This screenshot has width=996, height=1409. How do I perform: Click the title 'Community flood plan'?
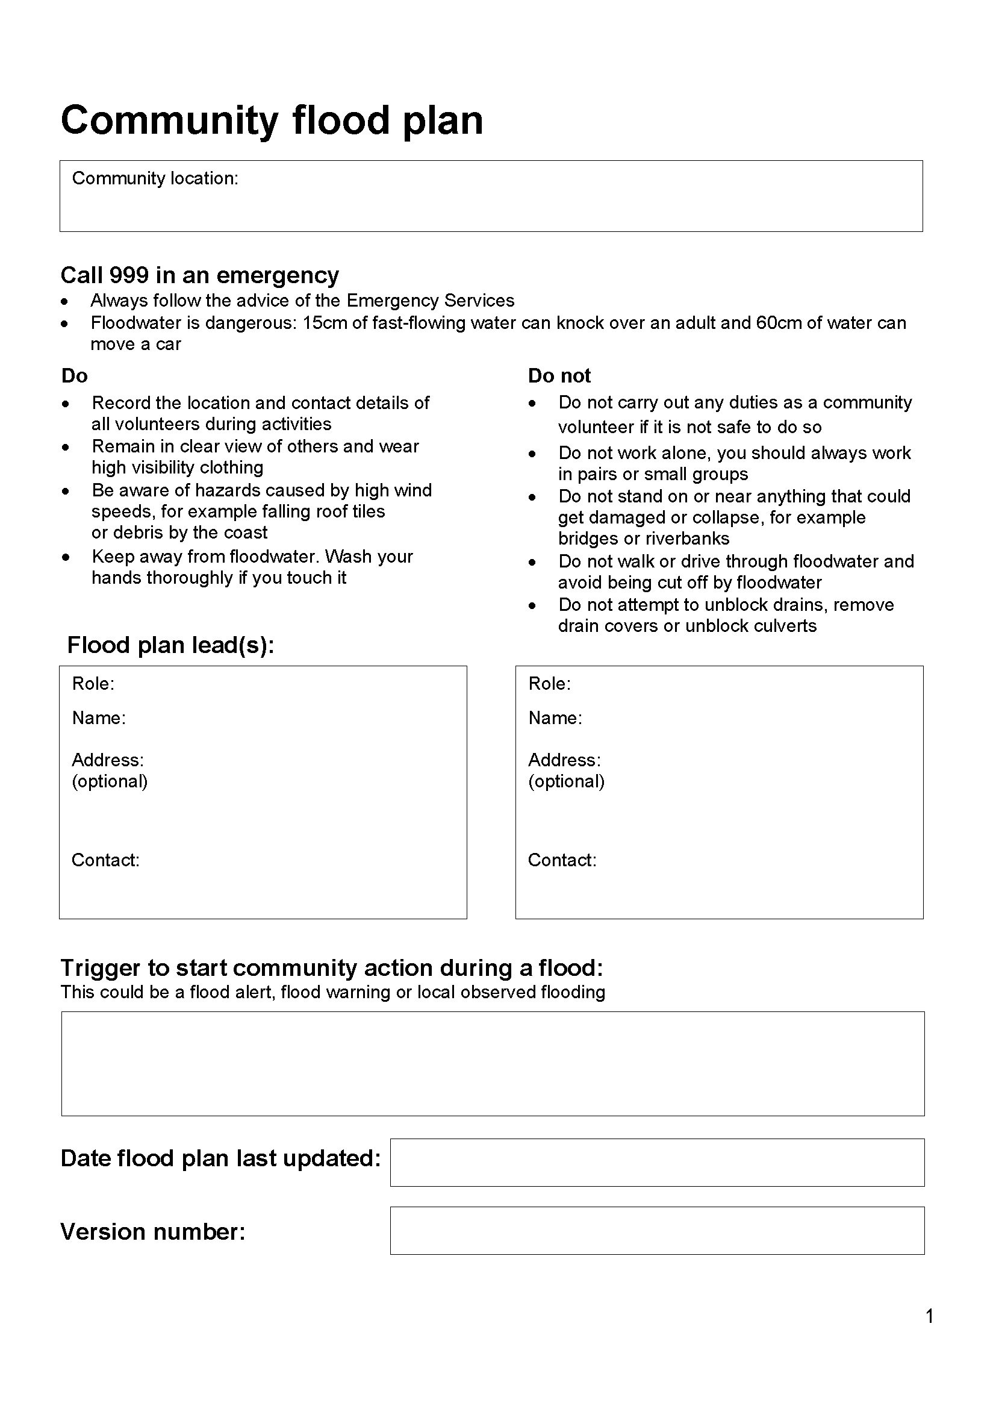point(272,120)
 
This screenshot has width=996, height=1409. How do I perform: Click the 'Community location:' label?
point(155,178)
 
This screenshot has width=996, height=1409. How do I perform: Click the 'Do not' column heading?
point(559,375)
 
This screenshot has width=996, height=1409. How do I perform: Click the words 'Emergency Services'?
point(430,301)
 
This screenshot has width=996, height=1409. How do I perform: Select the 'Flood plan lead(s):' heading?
point(170,645)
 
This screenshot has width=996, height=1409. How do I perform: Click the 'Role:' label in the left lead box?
point(93,684)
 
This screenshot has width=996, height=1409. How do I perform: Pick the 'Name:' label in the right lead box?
point(555,718)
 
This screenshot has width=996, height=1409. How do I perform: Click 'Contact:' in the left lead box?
point(105,860)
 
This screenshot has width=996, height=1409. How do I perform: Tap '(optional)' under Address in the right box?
point(566,782)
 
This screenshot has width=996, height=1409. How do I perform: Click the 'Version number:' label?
point(153,1232)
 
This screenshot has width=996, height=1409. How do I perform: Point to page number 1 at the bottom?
point(929,1316)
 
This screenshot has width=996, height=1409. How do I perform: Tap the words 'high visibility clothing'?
point(177,467)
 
